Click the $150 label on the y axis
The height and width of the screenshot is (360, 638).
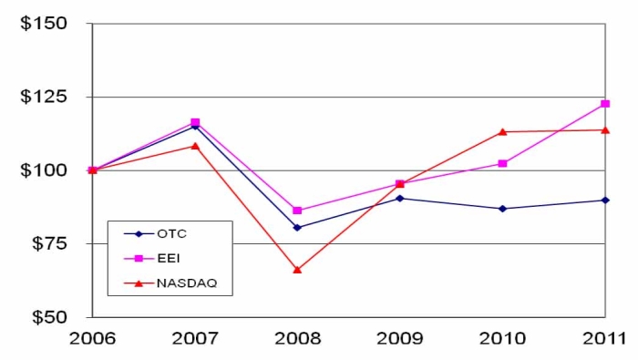coord(44,23)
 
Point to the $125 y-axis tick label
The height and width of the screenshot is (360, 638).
coord(44,97)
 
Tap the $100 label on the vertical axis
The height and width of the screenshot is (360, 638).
coord(44,170)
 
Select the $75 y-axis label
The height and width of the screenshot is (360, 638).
coord(48,243)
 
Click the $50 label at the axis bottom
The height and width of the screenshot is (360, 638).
coord(48,317)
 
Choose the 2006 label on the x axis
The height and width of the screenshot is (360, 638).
coord(92,339)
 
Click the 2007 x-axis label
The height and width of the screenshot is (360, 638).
coord(195,339)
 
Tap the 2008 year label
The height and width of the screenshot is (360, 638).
coord(297,339)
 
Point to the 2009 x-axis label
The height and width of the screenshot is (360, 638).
coord(400,339)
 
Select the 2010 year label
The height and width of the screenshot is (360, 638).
coord(503,339)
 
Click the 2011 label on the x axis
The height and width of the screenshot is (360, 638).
coord(604,339)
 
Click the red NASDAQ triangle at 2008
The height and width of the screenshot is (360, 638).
coord(297,270)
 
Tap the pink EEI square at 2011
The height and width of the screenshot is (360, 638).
coord(605,104)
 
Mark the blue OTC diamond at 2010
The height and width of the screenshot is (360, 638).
coord(503,209)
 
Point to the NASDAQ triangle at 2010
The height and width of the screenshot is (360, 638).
coord(503,131)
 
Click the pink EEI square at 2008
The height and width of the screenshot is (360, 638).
coord(297,211)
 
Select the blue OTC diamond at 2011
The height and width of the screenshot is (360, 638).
coord(605,200)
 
